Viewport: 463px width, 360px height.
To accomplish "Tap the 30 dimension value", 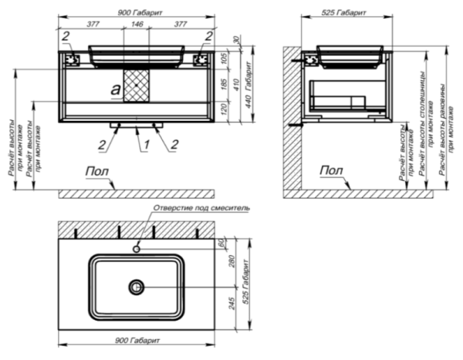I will click(237, 40).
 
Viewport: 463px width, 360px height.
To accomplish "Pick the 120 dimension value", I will click(237, 111).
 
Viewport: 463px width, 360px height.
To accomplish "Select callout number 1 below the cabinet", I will click(137, 143).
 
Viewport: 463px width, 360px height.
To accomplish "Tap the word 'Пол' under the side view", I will click(331, 170).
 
